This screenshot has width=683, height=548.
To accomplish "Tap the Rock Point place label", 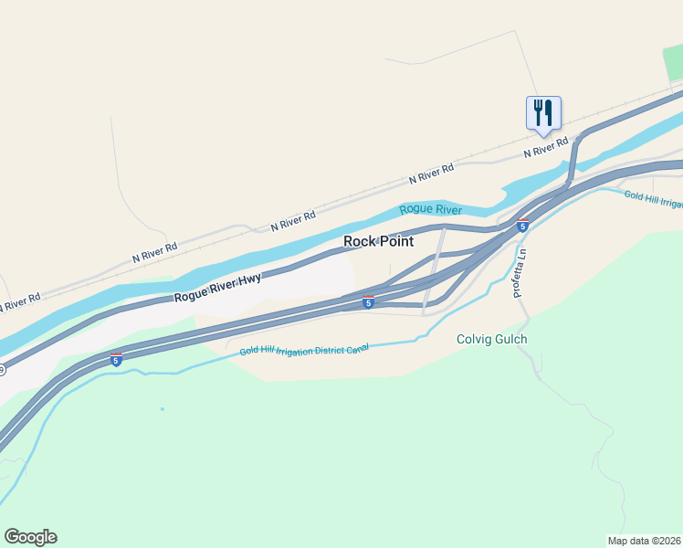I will point(378,241).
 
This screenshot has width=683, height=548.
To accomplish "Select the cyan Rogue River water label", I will point(430,210).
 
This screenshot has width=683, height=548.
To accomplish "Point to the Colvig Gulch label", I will point(491,340).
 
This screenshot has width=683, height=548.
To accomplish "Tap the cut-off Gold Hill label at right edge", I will point(655,198).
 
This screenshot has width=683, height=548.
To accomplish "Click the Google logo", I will point(30,537).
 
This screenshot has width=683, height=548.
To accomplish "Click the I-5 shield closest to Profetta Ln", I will point(522,226).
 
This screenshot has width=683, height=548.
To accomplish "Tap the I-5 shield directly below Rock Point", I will point(367,301).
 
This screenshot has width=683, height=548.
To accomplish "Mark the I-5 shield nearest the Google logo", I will point(116,360).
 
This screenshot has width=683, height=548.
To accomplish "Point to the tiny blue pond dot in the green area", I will point(163,408).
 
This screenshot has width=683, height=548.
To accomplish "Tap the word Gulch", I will point(510,340).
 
